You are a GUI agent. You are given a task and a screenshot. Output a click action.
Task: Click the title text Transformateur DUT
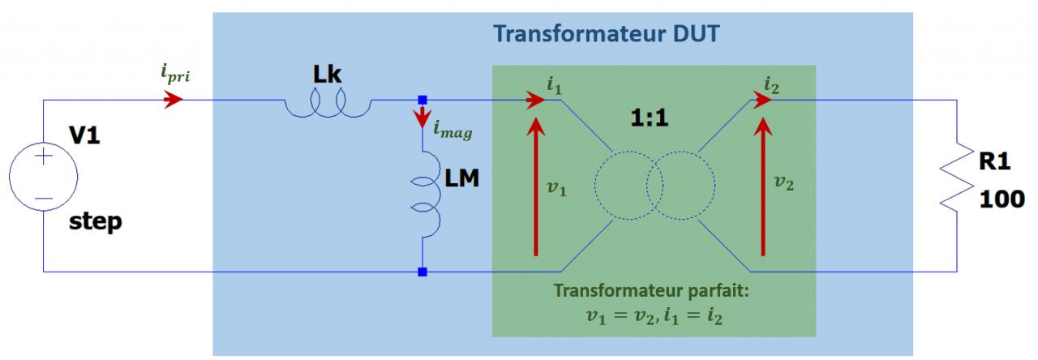[607, 36]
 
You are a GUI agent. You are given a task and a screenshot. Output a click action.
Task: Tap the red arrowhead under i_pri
[172, 101]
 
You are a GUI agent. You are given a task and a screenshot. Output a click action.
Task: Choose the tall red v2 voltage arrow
[762, 186]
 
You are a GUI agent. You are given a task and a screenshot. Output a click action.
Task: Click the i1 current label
[555, 83]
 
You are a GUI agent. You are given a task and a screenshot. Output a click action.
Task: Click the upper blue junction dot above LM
[422, 100]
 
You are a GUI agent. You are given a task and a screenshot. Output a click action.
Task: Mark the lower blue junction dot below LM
[422, 272]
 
